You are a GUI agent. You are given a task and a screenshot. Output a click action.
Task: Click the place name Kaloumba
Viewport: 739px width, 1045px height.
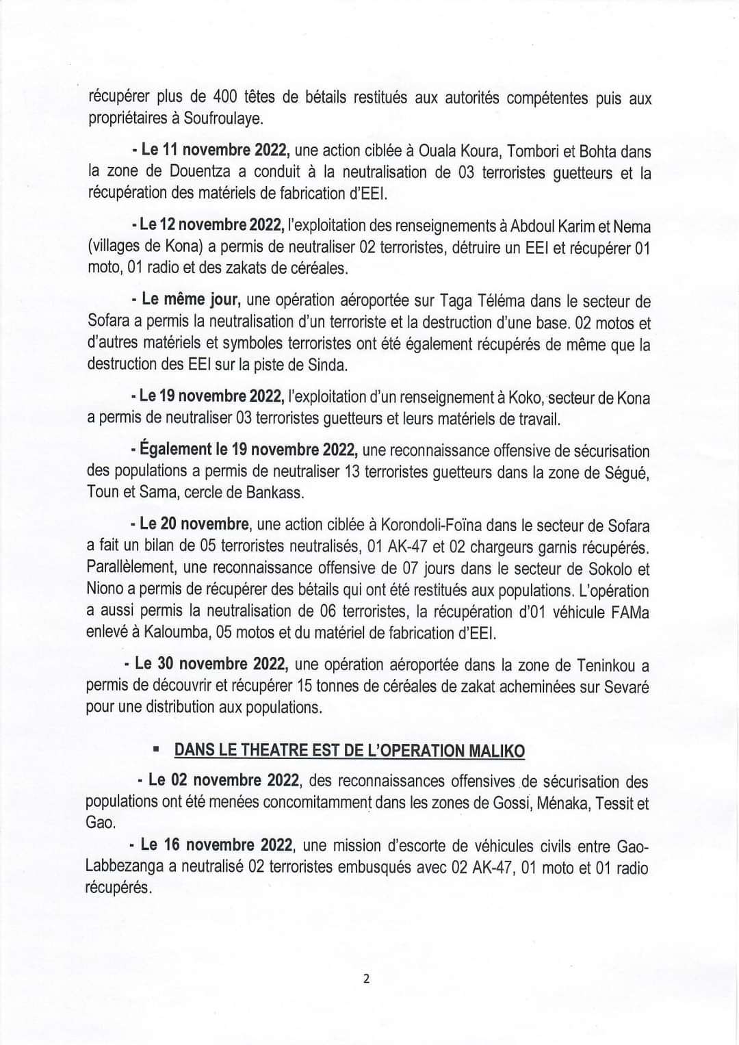(174, 633)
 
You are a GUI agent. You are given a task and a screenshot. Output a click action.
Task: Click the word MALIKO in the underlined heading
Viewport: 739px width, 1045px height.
(495, 751)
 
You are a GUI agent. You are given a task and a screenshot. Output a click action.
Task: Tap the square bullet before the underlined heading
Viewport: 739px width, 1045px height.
(156, 751)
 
